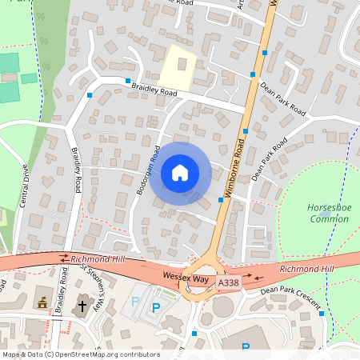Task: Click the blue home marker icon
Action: tap(180, 173)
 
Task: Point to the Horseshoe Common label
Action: tap(329, 213)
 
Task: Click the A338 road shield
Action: tap(228, 282)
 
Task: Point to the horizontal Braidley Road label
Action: tap(155, 92)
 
